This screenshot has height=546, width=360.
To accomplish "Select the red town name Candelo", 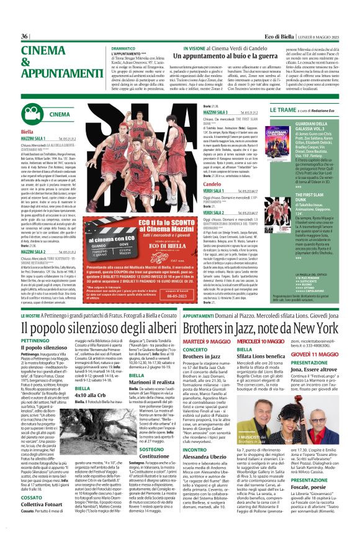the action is (x=212, y=168).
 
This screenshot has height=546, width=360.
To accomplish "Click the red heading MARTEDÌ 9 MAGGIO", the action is (x=204, y=341).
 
